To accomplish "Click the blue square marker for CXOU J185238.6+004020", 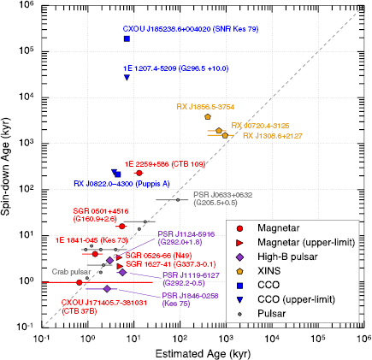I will [x=127, y=38].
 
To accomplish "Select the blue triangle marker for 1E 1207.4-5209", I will [x=127, y=78].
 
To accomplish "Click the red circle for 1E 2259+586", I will [x=139, y=173].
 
